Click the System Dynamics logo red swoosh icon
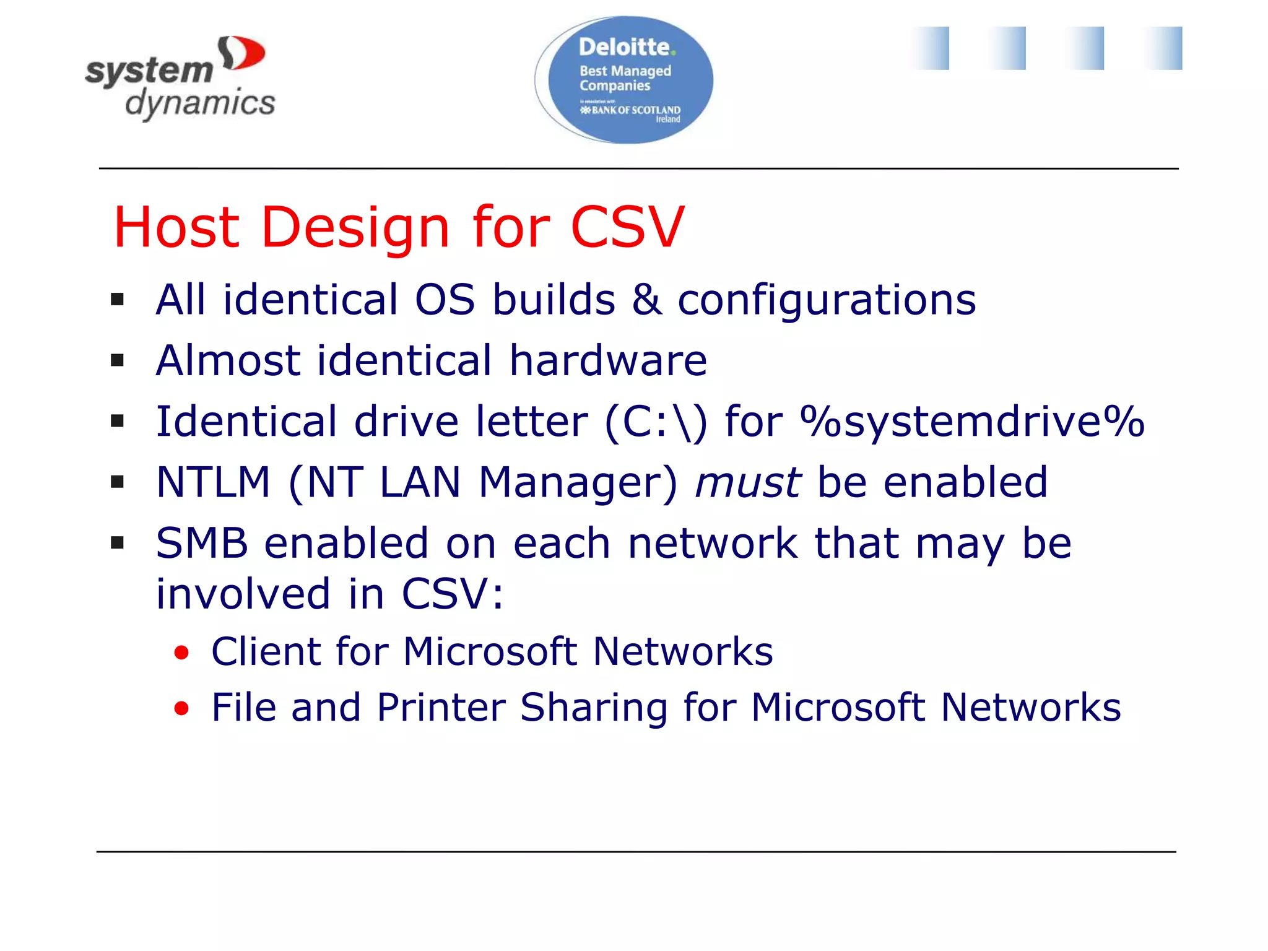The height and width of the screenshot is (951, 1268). pos(243,54)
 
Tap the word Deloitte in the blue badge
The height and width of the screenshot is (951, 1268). pos(624,47)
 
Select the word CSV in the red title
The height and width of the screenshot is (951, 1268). pos(627,227)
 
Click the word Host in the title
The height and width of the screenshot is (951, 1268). pos(176,227)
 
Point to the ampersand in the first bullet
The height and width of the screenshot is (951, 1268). pos(646,300)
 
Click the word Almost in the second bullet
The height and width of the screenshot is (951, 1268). pos(228,360)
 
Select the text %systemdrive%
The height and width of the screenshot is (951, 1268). pos(972,422)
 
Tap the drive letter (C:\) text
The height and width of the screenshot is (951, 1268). pos(655,422)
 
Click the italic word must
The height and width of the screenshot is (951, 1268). pos(748,482)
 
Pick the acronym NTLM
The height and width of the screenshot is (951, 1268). pos(214,482)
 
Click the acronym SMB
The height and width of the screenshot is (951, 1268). pos(202,543)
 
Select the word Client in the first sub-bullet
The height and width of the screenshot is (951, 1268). pos(267,651)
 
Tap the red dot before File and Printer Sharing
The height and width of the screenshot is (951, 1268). pos(181,708)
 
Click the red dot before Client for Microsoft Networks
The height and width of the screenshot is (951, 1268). pos(181,653)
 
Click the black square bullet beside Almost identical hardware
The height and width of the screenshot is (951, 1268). pos(118,360)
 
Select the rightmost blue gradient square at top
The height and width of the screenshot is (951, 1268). pos(1162,48)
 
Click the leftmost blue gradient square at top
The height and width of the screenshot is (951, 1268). pos(930,48)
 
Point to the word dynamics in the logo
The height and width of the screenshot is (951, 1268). pos(200,103)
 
